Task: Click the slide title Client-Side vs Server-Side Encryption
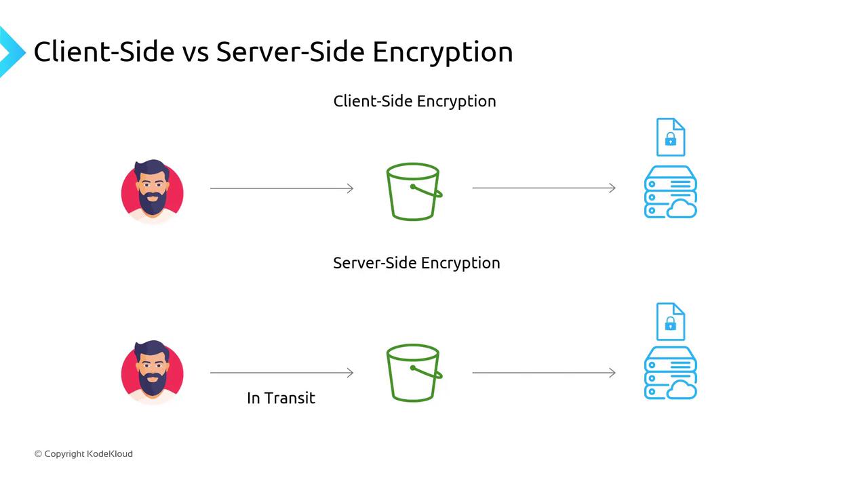(273, 52)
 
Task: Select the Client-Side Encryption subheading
(414, 101)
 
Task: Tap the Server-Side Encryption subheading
(416, 263)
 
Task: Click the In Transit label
(281, 398)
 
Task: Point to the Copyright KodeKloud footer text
(83, 453)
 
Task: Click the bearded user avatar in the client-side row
(153, 190)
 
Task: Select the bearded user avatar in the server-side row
(153, 372)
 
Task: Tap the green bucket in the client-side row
(413, 191)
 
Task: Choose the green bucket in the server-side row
(413, 373)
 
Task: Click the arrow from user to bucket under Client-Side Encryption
(281, 188)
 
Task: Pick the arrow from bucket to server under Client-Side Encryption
(544, 188)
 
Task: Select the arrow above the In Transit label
(281, 373)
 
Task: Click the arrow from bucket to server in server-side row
(544, 373)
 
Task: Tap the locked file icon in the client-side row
(670, 137)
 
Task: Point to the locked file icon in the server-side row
(670, 321)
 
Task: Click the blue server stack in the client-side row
(669, 192)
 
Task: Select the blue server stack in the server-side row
(669, 373)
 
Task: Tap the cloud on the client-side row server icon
(682, 209)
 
